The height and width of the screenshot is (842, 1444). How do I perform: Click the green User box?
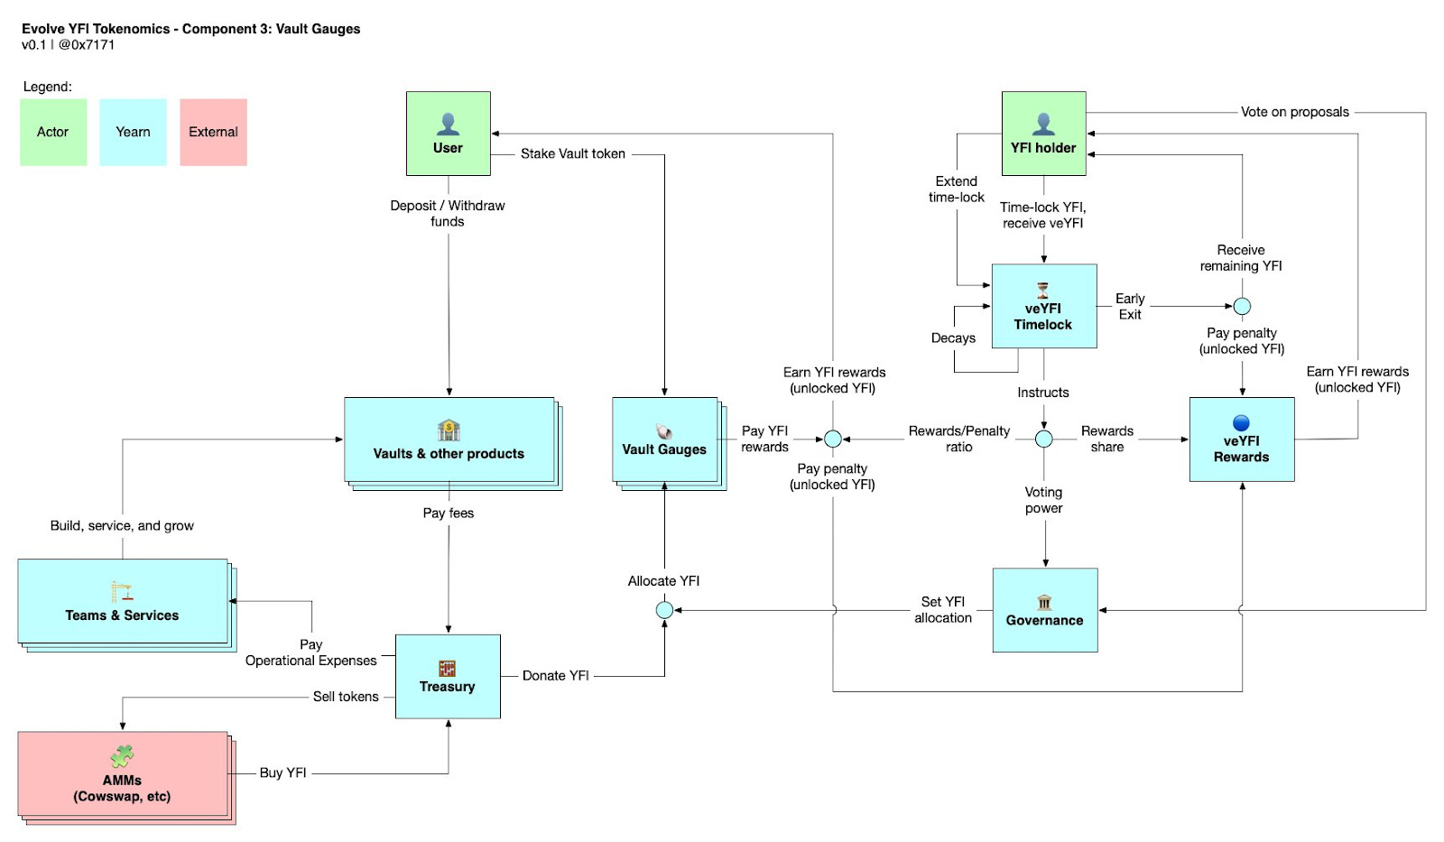[448, 134]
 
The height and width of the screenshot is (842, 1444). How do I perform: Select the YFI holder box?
[1043, 134]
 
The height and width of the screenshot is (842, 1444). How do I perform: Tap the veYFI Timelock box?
[1044, 306]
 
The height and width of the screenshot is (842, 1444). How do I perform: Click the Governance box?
[1045, 610]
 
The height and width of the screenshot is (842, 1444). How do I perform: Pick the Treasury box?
[448, 676]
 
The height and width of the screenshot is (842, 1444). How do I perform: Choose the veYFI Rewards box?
[1242, 440]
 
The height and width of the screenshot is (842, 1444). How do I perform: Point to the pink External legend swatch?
[213, 132]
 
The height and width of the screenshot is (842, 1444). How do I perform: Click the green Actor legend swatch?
[53, 132]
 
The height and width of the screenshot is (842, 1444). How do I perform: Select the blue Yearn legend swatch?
[133, 132]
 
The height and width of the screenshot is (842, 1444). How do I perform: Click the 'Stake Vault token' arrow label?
[573, 153]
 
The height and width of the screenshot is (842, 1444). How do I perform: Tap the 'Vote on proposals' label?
[1295, 112]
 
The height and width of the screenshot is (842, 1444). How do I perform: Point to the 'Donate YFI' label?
[556, 676]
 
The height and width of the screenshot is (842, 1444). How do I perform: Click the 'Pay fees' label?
[448, 514]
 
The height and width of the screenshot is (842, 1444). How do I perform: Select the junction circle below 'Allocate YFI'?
[664, 610]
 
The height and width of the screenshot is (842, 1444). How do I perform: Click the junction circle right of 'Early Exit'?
[1242, 306]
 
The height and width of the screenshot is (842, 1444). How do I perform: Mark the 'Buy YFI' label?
[283, 773]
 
